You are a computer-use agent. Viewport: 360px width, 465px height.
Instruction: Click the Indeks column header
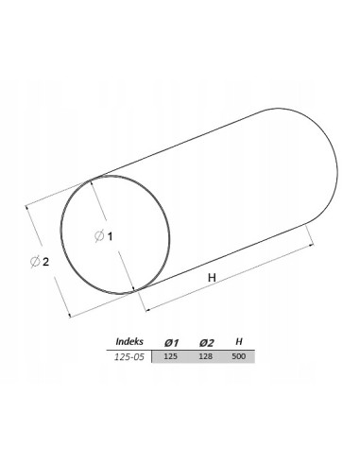click(x=129, y=341)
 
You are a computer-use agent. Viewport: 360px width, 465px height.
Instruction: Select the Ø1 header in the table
click(x=171, y=341)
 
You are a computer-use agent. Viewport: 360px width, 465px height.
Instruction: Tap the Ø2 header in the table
click(x=206, y=341)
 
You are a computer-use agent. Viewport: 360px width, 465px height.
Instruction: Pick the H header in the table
click(x=239, y=341)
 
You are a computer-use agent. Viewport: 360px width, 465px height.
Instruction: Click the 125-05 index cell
click(x=129, y=357)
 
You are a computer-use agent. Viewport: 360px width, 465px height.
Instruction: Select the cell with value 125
click(x=171, y=357)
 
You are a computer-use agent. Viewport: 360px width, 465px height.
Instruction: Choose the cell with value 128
click(x=206, y=357)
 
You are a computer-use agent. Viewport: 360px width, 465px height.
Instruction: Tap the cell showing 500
click(x=239, y=357)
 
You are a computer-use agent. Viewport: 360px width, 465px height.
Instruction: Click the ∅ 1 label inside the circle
click(x=104, y=236)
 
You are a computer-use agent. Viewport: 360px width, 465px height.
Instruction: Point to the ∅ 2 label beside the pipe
click(x=40, y=262)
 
